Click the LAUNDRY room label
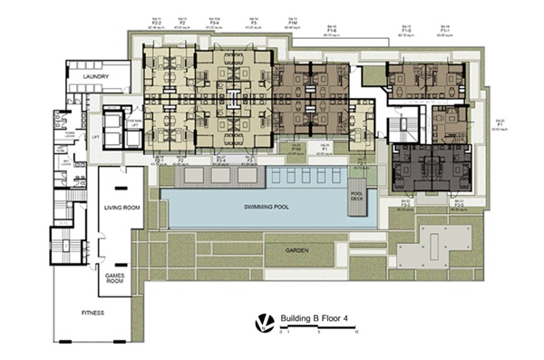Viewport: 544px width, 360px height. coord(95,77)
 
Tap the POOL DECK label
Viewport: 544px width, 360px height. coord(357,197)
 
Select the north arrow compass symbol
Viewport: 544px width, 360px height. coord(263,321)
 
